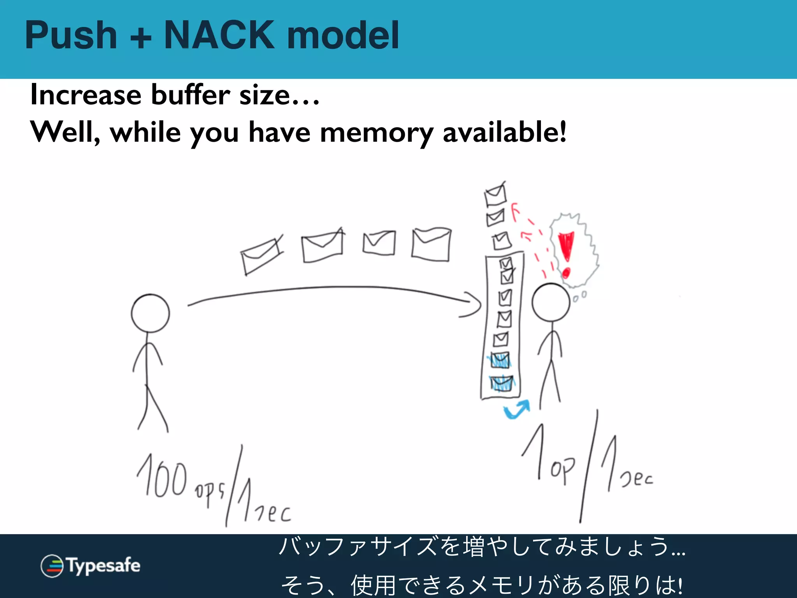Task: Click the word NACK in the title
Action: [x=219, y=35]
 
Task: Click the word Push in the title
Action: [x=71, y=35]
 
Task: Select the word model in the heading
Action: [x=343, y=35]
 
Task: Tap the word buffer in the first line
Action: [x=190, y=95]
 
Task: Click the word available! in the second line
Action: [x=505, y=132]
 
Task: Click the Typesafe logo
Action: [x=90, y=566]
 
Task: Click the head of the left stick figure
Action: [x=150, y=313]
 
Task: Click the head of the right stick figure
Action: [x=551, y=303]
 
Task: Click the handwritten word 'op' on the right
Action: [x=562, y=470]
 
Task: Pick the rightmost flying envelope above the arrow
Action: [x=431, y=244]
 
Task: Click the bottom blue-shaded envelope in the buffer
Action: [x=502, y=383]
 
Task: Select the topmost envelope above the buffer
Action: [x=495, y=195]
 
